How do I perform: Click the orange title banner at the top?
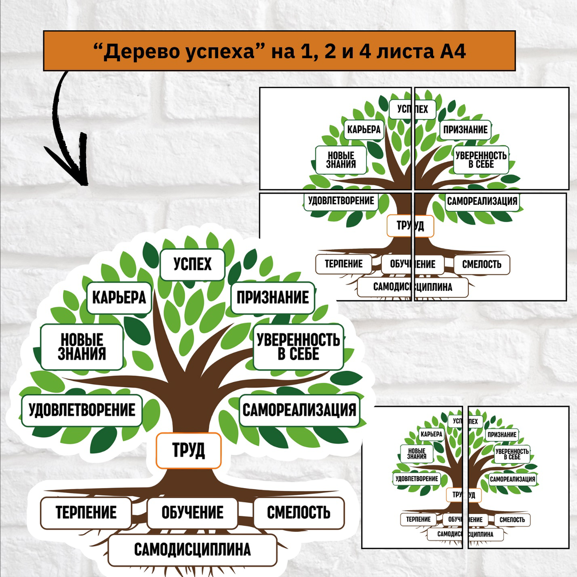[x=279, y=51]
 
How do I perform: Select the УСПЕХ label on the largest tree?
[x=192, y=264]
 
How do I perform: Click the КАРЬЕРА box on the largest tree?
[x=119, y=298]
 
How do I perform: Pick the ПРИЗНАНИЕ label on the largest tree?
[x=272, y=298]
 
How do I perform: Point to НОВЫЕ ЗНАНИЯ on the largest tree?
[x=82, y=347]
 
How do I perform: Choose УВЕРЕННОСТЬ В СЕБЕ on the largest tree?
[x=298, y=347]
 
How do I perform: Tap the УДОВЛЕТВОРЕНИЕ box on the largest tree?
[x=82, y=410]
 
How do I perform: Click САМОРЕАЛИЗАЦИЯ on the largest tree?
[x=299, y=410]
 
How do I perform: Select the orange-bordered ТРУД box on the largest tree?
[x=188, y=451]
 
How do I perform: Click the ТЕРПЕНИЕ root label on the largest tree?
[x=86, y=513]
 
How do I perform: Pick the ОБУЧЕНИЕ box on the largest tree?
[x=192, y=513]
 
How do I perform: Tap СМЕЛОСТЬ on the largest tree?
[x=299, y=513]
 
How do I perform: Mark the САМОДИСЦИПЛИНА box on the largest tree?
[x=192, y=550]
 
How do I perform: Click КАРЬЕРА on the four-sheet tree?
[x=364, y=129]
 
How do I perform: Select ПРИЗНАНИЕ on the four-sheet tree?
[x=465, y=129]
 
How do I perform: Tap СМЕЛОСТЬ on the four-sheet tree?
[x=481, y=264]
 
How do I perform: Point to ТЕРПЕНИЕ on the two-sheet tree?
[x=418, y=519]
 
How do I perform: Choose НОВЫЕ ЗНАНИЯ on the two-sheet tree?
[x=416, y=453]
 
